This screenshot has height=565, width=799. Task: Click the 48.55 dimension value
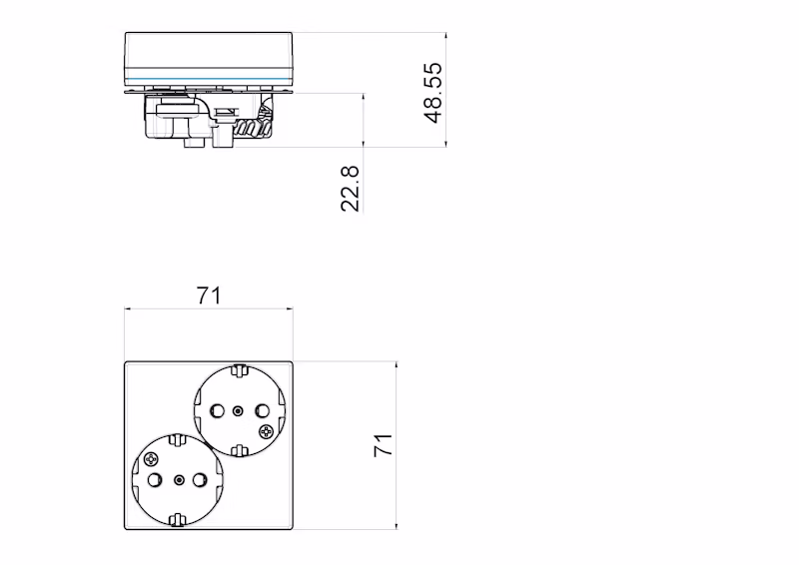pyautogui.click(x=432, y=93)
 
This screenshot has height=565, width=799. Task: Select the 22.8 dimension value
pyautogui.click(x=351, y=189)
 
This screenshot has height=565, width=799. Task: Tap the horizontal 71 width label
pyautogui.click(x=209, y=296)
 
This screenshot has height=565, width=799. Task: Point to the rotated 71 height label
pyautogui.click(x=384, y=445)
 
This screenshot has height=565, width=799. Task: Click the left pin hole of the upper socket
pyautogui.click(x=217, y=410)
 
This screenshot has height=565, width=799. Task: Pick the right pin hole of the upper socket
pyautogui.click(x=262, y=410)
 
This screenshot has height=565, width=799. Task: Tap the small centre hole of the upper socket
pyautogui.click(x=239, y=410)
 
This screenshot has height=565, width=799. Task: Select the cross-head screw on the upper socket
pyautogui.click(x=266, y=432)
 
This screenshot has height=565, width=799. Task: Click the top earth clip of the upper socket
pyautogui.click(x=239, y=370)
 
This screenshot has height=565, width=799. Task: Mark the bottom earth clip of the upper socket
pyautogui.click(x=239, y=450)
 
